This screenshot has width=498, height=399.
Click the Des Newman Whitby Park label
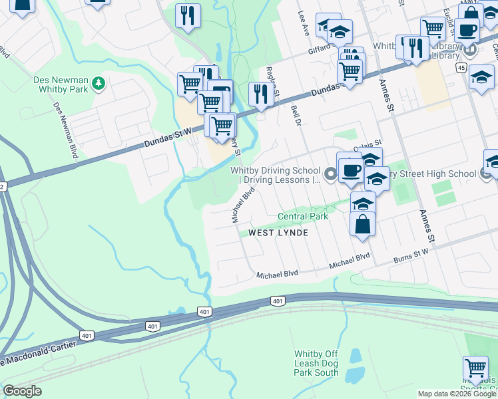(x=61, y=83)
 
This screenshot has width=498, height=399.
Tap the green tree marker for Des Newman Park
(x=99, y=83)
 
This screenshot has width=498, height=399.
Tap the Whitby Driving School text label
(x=276, y=175)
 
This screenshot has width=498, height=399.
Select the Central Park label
(x=303, y=217)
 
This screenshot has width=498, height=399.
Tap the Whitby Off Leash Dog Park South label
(x=316, y=363)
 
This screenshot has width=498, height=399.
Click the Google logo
(x=22, y=391)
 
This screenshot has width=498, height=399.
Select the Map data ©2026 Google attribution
(x=457, y=394)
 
